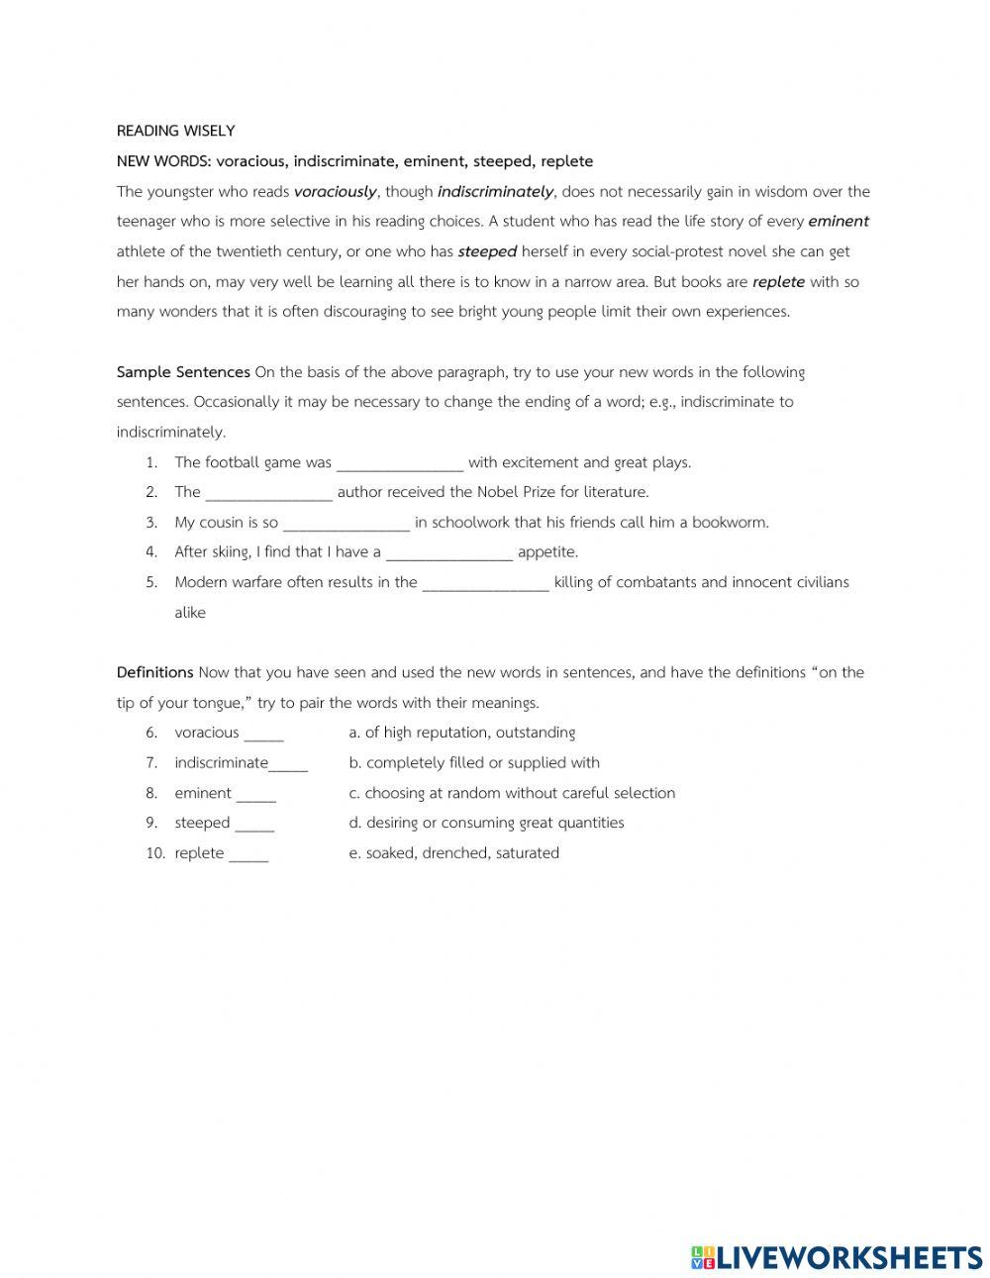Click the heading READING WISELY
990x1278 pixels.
[x=175, y=131]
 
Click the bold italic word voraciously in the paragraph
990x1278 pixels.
[x=335, y=192]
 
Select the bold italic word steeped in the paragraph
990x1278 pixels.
[x=487, y=252]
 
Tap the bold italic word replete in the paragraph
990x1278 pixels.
[x=778, y=282]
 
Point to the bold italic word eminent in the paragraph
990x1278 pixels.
[x=839, y=222]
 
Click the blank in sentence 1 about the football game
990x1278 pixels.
[x=400, y=463]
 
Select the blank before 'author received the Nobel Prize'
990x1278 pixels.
[x=268, y=493]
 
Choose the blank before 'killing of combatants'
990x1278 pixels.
[x=485, y=583]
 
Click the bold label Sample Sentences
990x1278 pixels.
[x=183, y=372]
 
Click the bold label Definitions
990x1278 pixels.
[x=154, y=673]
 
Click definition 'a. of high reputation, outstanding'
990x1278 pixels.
[x=461, y=733]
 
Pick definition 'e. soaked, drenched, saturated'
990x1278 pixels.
[x=453, y=853]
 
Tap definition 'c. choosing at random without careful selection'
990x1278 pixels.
[x=512, y=793]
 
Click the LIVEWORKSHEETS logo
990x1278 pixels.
[x=837, y=1257]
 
